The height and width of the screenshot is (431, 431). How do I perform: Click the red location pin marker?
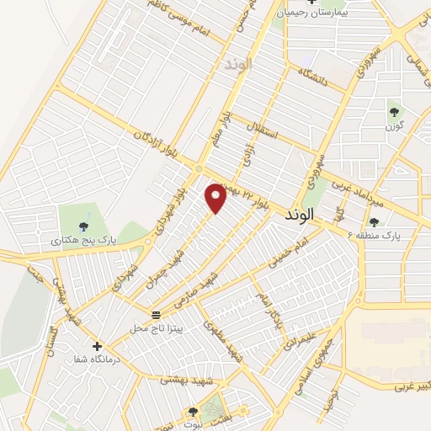point(216,198)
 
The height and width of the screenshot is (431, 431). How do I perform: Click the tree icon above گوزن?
point(392,110)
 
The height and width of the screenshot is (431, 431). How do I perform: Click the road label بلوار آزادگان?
point(159,142)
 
